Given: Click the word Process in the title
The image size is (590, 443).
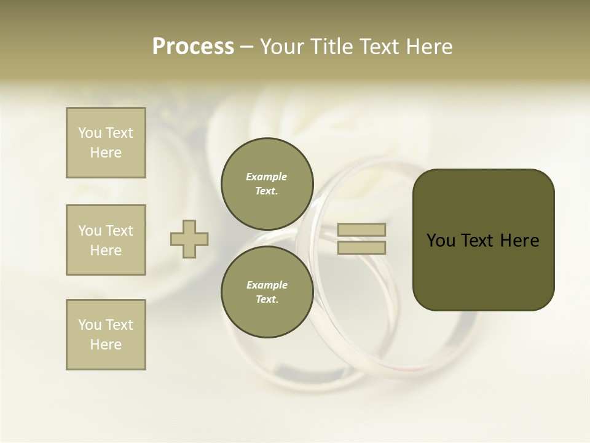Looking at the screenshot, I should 193,47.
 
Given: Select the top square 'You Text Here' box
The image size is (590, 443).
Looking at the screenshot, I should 106,143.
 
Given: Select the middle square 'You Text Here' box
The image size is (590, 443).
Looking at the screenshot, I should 106,240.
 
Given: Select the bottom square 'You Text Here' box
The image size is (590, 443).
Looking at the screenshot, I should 106,335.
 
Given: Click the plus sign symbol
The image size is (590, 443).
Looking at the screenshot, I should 189,239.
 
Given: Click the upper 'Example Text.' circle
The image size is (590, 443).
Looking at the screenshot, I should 267,184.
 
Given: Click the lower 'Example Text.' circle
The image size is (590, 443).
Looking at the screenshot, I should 267,292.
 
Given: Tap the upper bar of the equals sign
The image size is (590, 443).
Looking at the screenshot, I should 361,229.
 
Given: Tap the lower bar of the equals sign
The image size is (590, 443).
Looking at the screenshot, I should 361,248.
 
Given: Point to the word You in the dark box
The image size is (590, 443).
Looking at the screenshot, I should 441,241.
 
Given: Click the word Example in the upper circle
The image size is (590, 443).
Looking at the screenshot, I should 267,177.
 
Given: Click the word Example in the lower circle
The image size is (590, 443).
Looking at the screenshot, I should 267,285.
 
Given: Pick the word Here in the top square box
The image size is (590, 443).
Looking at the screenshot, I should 106,153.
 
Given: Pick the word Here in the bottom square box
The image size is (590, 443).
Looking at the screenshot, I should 106,345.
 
